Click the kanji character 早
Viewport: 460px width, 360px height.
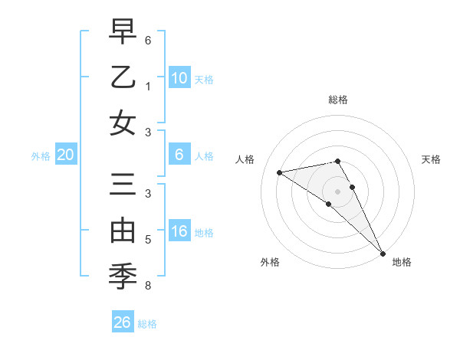[x=123, y=32]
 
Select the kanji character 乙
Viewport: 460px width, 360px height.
[x=123, y=77]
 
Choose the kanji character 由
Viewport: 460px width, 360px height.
[x=123, y=231]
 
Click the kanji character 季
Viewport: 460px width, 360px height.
[x=123, y=277]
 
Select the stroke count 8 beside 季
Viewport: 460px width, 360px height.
[x=148, y=286]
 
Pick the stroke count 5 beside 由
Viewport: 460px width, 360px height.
[x=148, y=240]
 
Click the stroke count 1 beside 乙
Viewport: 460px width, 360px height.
[x=148, y=86]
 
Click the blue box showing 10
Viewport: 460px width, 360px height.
[x=179, y=77]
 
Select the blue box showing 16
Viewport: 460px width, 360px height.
[x=179, y=232]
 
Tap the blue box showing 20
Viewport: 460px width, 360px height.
[x=66, y=155]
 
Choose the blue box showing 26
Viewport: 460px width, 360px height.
[x=123, y=322]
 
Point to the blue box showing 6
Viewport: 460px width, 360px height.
[x=179, y=155]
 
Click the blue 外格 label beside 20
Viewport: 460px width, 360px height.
[x=41, y=155]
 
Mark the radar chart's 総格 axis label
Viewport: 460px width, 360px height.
[x=337, y=100]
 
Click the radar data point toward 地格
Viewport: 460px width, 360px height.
[x=382, y=253]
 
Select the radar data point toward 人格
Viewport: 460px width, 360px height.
[x=280, y=172]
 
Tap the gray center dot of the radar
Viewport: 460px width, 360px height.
[x=337, y=191]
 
